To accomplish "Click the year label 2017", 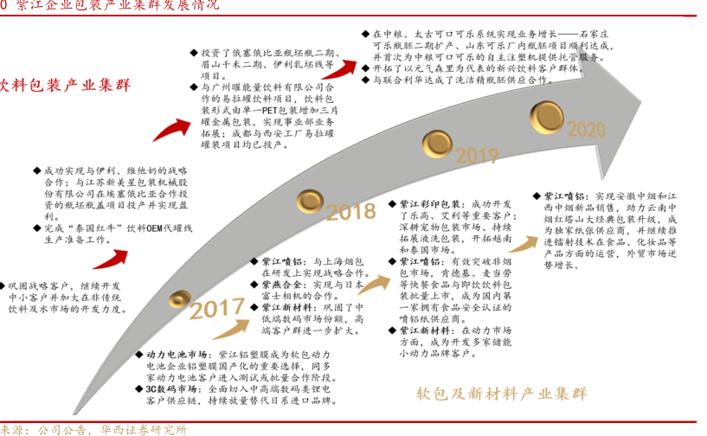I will (x=217, y=310).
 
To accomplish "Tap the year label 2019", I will (x=477, y=157).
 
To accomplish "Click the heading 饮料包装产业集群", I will (x=64, y=86).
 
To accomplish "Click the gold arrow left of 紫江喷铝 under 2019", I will (x=373, y=283).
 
